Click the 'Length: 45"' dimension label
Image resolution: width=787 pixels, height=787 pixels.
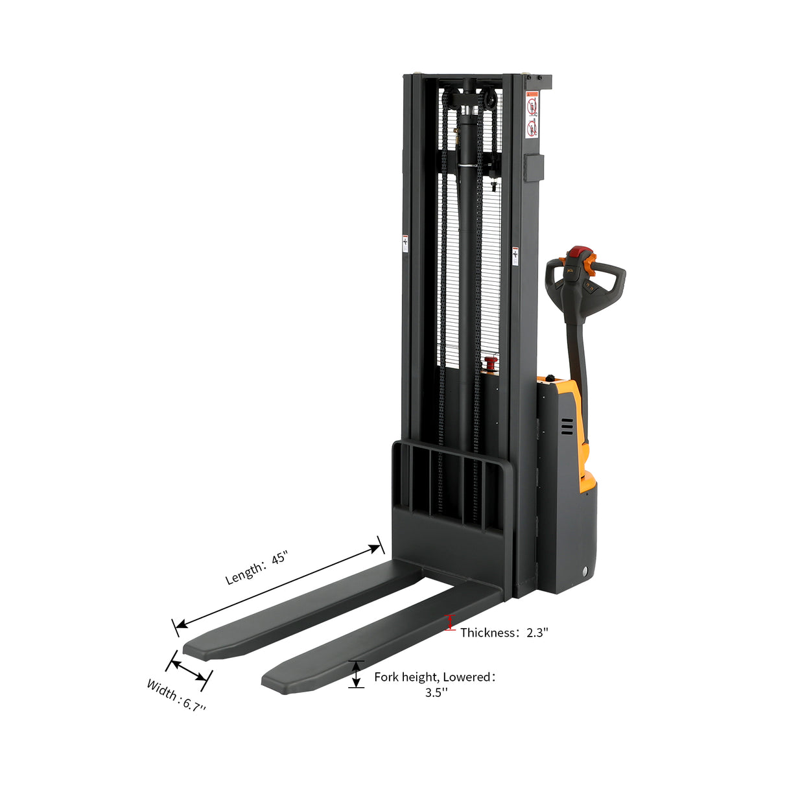[256, 568]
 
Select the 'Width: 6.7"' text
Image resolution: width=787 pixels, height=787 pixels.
[176, 696]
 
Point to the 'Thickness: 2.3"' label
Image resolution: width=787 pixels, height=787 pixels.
[504, 633]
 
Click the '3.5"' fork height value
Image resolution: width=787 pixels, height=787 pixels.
[436, 692]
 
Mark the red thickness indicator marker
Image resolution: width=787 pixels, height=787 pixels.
[451, 623]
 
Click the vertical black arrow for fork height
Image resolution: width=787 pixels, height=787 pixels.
[356, 674]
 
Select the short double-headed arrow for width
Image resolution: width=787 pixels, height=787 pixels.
[189, 670]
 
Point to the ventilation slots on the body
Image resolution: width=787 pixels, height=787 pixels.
[567, 426]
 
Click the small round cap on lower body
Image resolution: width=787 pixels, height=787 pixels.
[585, 571]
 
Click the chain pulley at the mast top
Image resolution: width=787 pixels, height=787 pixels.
[470, 101]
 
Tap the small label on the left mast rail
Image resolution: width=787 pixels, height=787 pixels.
[405, 243]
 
